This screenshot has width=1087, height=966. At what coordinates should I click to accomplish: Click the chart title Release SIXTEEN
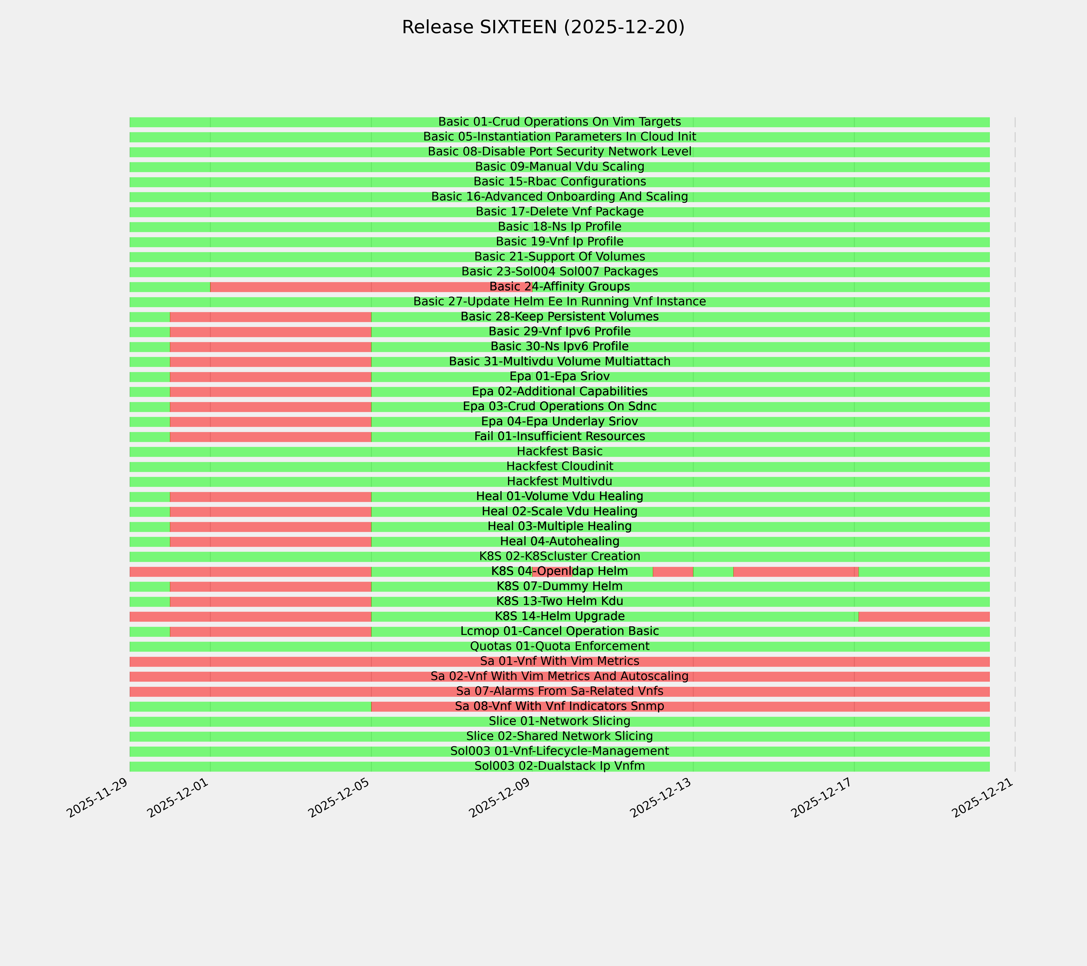(x=543, y=27)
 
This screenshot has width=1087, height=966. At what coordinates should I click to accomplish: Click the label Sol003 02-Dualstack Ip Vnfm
(x=559, y=766)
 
